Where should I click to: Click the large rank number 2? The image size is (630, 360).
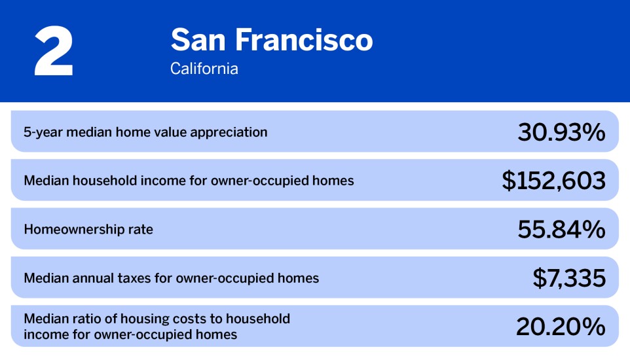[54, 53]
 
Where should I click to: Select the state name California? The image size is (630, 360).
[204, 68]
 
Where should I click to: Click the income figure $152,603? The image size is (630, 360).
[553, 181]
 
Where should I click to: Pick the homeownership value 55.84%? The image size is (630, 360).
[561, 229]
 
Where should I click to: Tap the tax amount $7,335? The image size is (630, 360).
[568, 278]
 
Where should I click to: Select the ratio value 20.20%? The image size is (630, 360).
[561, 327]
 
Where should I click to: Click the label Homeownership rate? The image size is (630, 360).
[88, 230]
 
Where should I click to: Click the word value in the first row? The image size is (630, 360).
[168, 132]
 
